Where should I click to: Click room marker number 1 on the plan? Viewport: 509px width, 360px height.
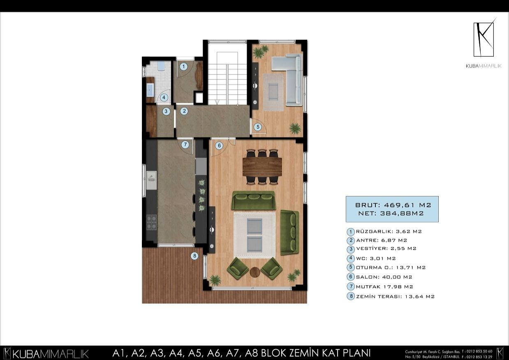tap(183, 66)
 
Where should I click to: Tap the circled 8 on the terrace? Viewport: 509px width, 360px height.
tap(194, 256)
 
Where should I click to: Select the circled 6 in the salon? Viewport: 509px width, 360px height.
tap(219, 145)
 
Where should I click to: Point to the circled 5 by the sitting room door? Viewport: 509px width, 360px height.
tap(258, 127)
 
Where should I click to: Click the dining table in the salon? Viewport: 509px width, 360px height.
tap(262, 167)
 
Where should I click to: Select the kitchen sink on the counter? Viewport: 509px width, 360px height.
tap(151, 177)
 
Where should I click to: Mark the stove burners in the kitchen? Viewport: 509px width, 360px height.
tap(151, 222)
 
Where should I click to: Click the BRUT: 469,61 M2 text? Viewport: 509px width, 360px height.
tap(393, 204)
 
